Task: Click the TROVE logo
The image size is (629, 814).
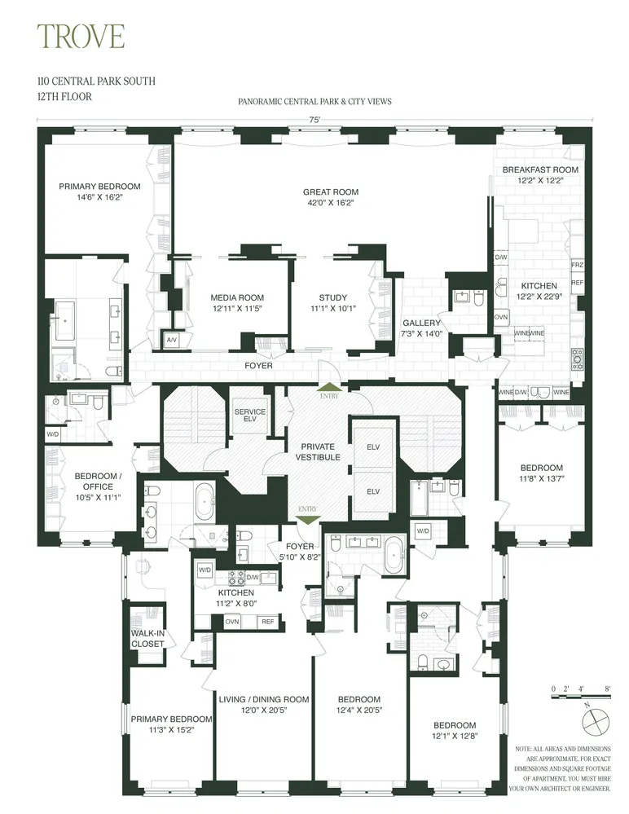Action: pos(81,37)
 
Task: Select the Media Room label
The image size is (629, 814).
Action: pos(237,297)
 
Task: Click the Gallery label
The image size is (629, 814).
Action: pos(420,323)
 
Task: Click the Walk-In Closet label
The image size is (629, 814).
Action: pos(147,638)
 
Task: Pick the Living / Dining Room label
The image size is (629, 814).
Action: pos(263,699)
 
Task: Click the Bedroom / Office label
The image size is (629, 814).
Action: pos(98,477)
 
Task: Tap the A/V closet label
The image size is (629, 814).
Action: pos(172,339)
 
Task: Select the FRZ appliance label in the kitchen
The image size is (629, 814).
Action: pos(578,266)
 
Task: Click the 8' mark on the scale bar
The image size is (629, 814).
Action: pos(608,689)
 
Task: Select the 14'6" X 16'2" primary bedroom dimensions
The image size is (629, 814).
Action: pos(99,197)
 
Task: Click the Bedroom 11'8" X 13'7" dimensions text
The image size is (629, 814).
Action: pos(542,479)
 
